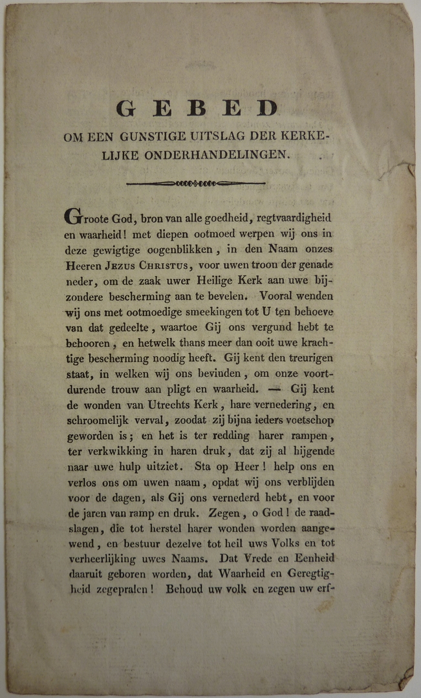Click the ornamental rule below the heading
coord(196,184)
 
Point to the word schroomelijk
coord(99,422)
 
